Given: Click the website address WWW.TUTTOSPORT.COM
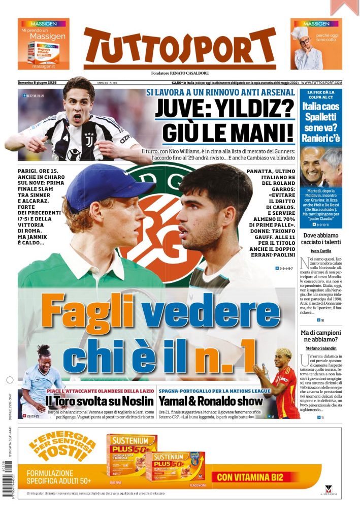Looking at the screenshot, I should tap(321, 83).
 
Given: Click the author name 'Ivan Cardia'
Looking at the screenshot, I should tap(321, 251).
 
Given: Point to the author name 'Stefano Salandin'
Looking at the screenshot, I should tap(321, 348).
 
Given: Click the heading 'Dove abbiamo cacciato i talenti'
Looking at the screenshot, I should tap(321, 239).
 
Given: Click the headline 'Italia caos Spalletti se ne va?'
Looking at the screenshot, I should tap(321, 121).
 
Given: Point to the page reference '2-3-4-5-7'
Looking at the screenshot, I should tap(286, 268).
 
